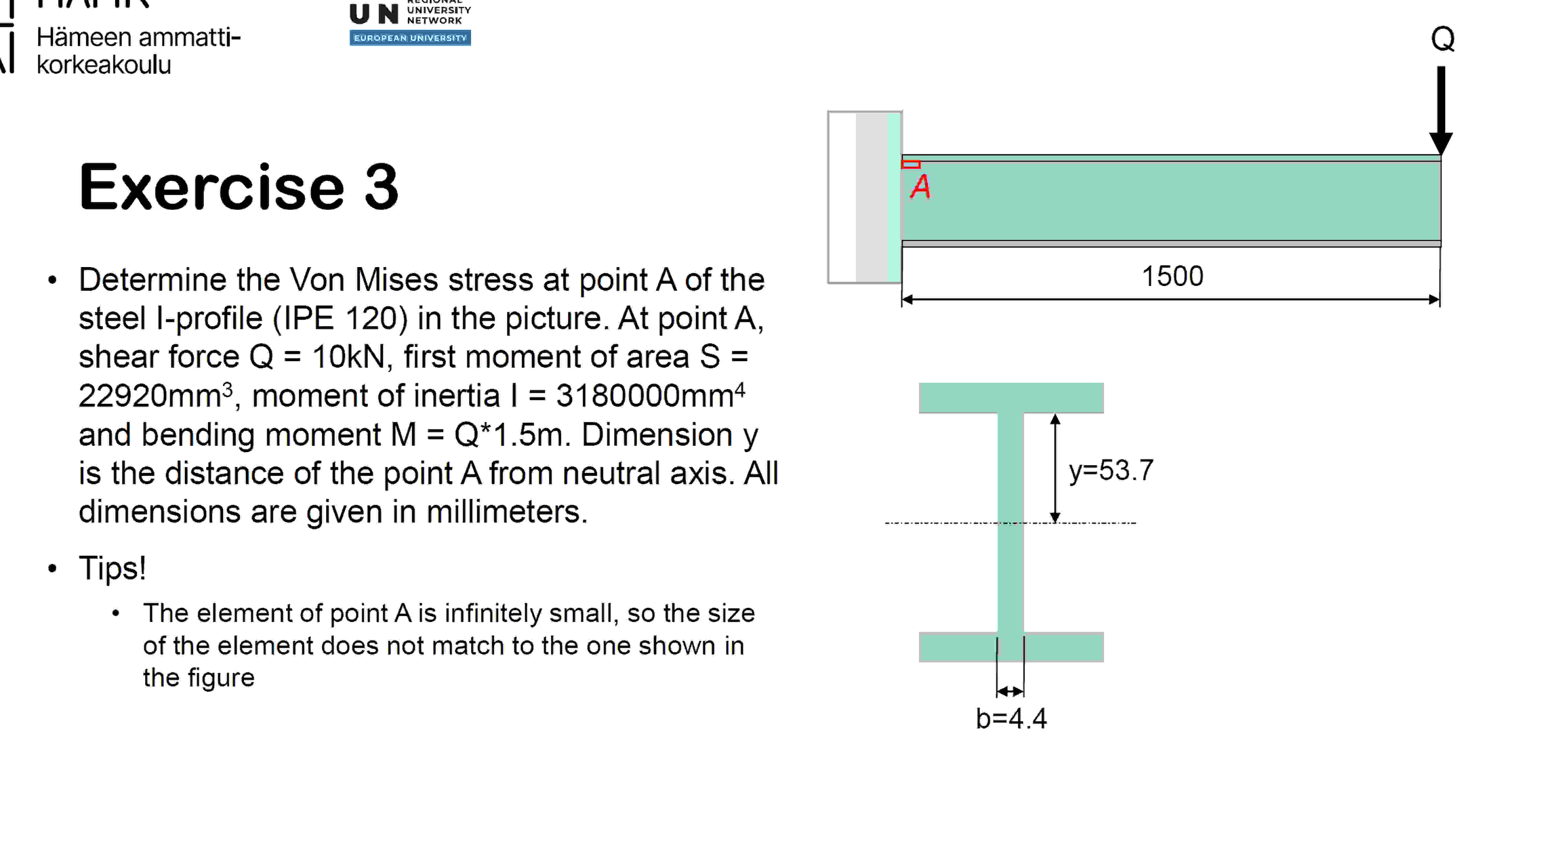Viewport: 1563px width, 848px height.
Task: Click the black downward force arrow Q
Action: [x=1441, y=109]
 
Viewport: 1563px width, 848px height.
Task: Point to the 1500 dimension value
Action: [x=1172, y=277]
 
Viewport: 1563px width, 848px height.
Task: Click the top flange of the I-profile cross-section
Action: [x=1011, y=398]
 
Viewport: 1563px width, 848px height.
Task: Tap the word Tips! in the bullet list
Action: [x=112, y=568]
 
